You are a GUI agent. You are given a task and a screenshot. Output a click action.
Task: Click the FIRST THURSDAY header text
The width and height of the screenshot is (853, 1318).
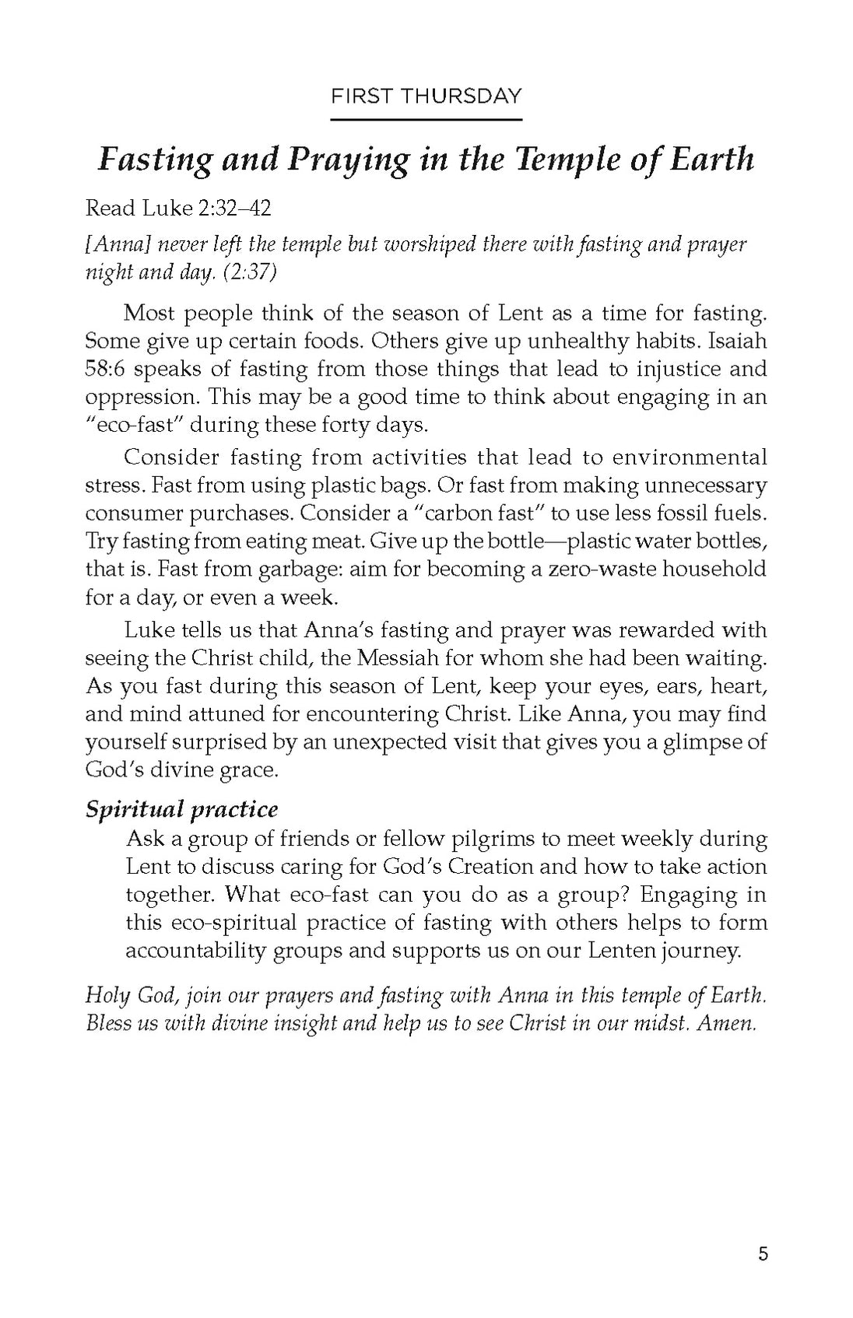426,96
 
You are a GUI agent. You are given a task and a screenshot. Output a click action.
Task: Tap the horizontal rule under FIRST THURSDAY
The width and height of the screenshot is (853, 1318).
426,120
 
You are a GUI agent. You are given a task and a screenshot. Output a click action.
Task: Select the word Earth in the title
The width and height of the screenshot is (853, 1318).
714,159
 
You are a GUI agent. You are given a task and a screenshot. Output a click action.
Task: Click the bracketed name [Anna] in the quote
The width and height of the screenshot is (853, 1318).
117,244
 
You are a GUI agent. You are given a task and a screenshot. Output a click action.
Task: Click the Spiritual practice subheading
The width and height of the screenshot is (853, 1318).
181,809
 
